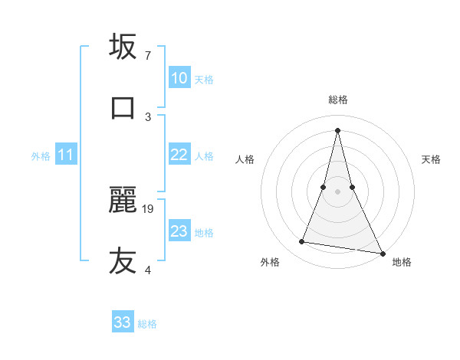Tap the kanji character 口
point(123,108)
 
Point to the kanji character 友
point(123,261)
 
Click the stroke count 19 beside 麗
point(149,208)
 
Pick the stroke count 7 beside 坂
point(148,55)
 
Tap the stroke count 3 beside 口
point(148,116)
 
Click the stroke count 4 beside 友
point(148,270)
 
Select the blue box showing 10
point(179,78)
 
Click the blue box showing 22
point(179,155)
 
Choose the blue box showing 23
point(179,231)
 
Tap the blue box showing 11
point(66,155)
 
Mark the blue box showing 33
point(123,322)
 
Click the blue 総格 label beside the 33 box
point(147,324)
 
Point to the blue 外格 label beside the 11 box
point(41,156)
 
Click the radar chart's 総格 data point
point(337,130)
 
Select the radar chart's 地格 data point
point(382,254)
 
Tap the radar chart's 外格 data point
point(302,242)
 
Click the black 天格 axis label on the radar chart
point(431,159)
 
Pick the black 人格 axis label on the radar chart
point(245,159)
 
